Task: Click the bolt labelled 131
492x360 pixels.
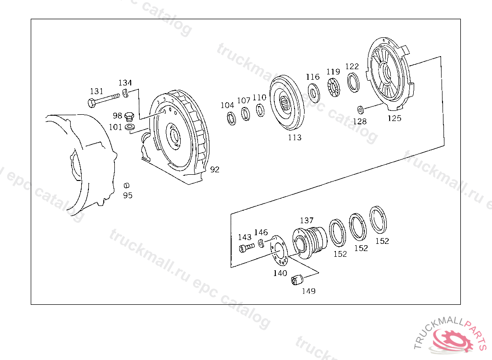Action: click(104, 99)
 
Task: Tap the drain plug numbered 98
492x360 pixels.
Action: click(129, 117)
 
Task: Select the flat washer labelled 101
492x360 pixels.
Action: click(129, 127)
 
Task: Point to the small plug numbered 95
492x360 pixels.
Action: click(126, 186)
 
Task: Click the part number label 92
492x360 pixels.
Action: click(215, 169)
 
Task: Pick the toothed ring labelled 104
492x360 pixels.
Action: click(232, 118)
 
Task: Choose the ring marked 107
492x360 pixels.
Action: click(246, 114)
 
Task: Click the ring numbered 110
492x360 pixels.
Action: click(260, 110)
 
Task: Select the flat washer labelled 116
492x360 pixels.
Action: click(313, 93)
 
